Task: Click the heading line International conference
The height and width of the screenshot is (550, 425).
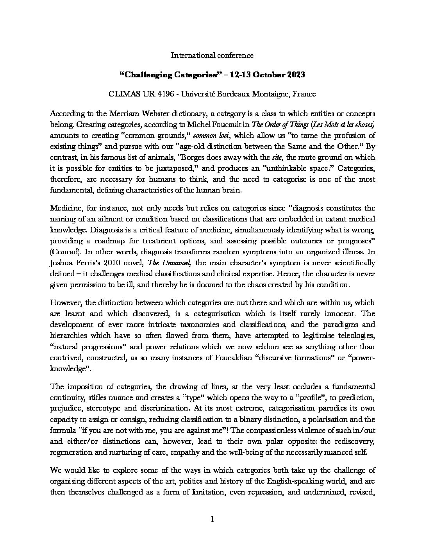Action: [x=212, y=55]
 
